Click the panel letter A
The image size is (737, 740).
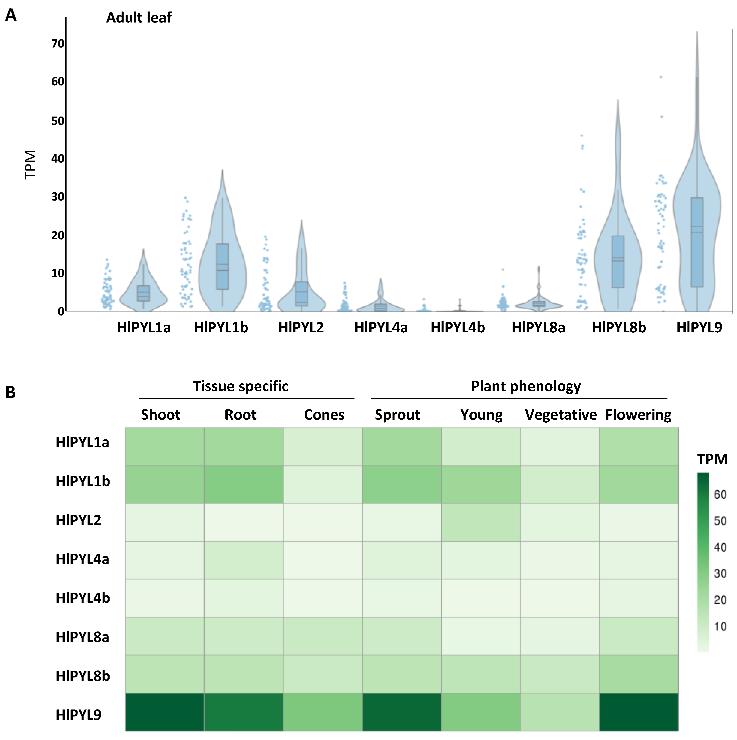coord(11,15)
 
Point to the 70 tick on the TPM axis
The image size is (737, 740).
coord(58,44)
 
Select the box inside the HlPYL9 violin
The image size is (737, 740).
coord(697,242)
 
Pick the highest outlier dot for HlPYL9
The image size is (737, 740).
coord(661,77)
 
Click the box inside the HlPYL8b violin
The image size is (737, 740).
coord(618,262)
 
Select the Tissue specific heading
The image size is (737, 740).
coord(241,386)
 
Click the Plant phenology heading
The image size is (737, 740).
coord(526,386)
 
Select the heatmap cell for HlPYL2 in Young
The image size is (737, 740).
coord(481,522)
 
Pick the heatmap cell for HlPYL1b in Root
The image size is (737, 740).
coord(244,484)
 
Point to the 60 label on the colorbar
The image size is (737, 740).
coord(720,494)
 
